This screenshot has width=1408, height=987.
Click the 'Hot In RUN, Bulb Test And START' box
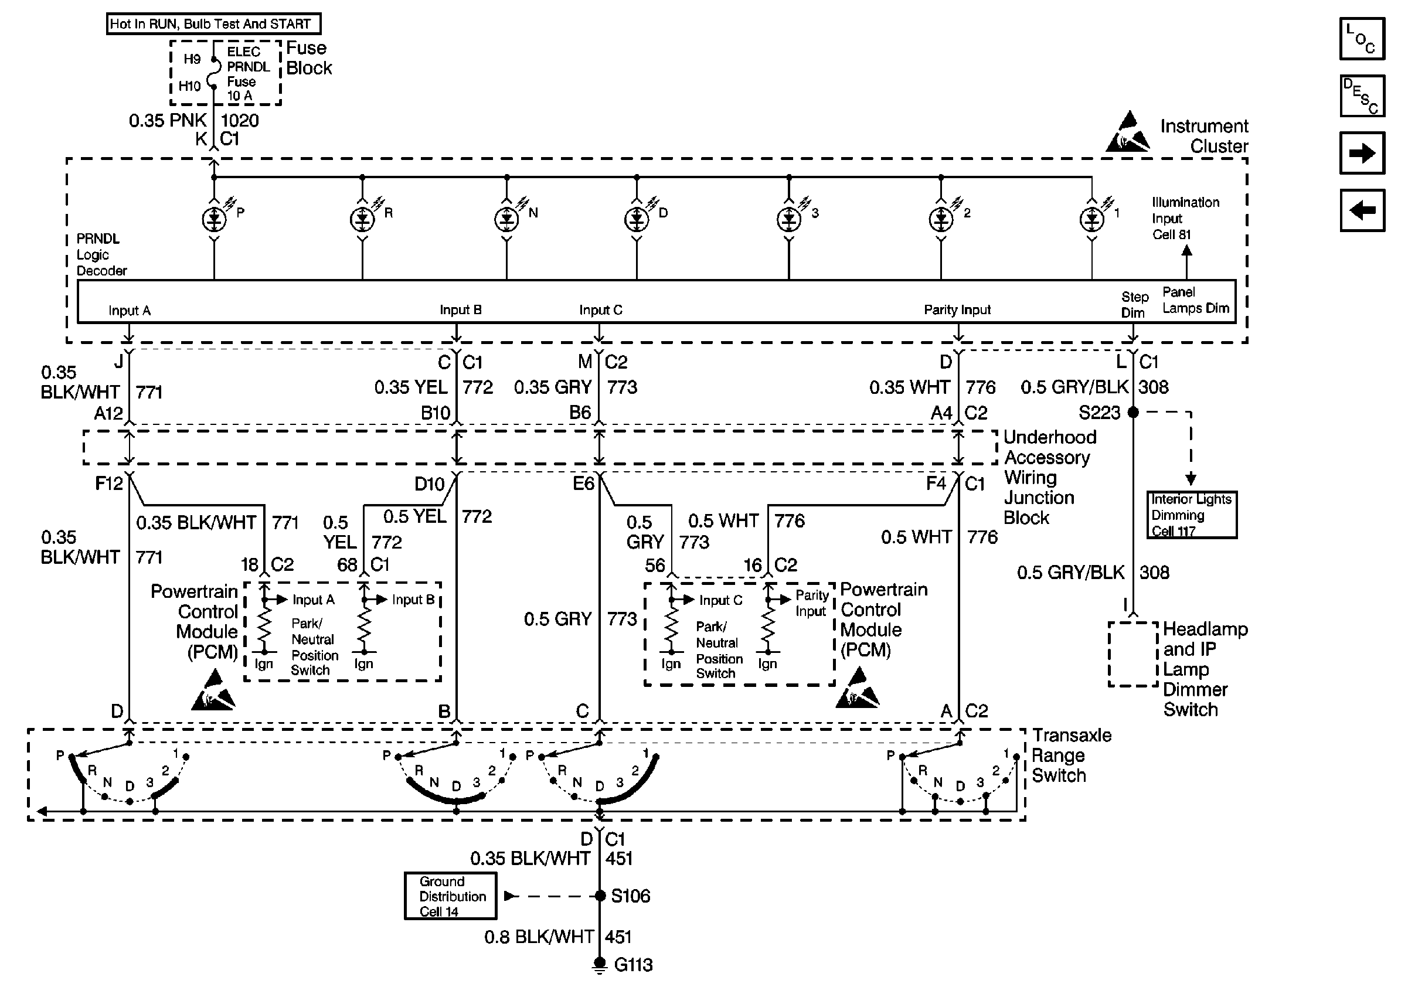coord(213,24)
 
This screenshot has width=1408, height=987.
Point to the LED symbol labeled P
coord(214,219)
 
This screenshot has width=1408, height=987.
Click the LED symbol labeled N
coord(506,219)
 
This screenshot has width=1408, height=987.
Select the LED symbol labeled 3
coord(788,219)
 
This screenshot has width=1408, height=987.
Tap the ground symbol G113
coord(600,965)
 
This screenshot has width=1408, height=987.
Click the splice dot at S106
coord(600,896)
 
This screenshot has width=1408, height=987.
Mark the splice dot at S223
coord(1133,413)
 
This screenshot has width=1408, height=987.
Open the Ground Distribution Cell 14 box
coord(451,896)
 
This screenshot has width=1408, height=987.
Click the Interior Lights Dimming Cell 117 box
coord(1192,515)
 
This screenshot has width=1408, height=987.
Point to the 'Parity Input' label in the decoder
coord(957,309)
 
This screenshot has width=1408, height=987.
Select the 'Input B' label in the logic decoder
coord(461,309)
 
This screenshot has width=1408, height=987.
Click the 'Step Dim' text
coord(1134,305)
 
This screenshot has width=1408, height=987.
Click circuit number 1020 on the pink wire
coord(240,120)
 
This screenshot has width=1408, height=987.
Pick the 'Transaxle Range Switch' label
coord(1072,755)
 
